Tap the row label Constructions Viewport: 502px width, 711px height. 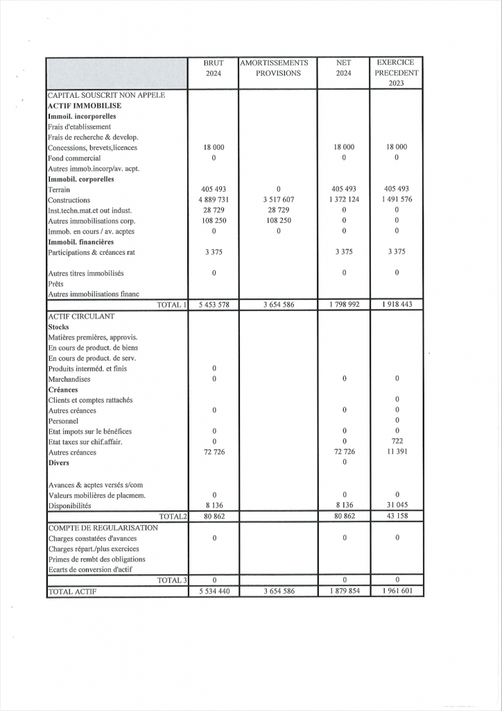pyautogui.click(x=69, y=200)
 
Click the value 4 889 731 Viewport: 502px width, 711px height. pyautogui.click(x=214, y=200)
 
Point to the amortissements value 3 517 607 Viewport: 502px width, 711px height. pyautogui.click(x=277, y=200)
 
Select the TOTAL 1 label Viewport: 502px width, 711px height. pyautogui.click(x=172, y=305)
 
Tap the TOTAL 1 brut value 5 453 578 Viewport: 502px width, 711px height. pyautogui.click(x=214, y=305)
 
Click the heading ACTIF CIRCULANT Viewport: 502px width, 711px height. pyautogui.click(x=81, y=316)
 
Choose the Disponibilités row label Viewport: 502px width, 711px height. pyautogui.click(x=69, y=506)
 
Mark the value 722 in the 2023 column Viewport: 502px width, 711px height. pyautogui.click(x=397, y=442)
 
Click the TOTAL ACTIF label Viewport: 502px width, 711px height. pyautogui.click(x=72, y=592)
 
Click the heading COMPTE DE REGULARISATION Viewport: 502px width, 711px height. pyautogui.click(x=103, y=528)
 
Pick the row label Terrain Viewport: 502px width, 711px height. pyautogui.click(x=59, y=190)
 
